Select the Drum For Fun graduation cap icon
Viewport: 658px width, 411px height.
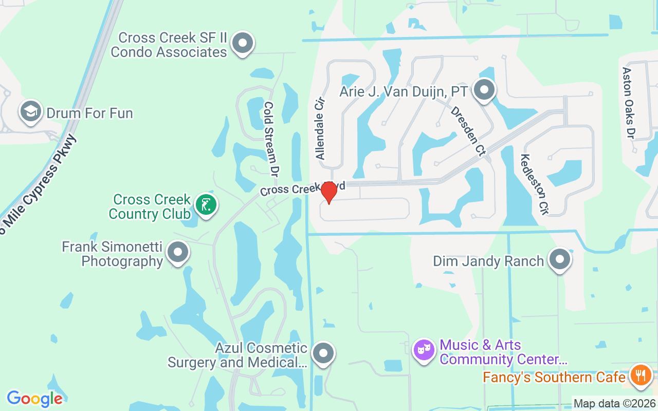point(31,111)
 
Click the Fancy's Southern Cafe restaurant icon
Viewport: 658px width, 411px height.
point(640,376)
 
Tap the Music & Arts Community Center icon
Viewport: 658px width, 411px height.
point(424,350)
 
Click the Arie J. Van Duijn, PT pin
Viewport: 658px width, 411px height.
point(484,90)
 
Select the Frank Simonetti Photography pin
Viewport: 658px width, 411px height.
point(178,252)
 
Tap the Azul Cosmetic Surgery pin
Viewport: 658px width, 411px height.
point(323,353)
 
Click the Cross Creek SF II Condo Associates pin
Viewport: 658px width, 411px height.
point(243,44)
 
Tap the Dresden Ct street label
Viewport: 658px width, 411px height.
point(468,131)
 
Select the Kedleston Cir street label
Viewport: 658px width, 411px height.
point(535,184)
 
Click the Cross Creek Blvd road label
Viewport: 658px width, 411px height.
point(302,188)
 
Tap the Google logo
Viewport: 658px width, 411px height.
point(34,398)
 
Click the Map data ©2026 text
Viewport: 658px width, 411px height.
point(614,404)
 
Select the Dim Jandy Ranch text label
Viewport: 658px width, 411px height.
point(488,261)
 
